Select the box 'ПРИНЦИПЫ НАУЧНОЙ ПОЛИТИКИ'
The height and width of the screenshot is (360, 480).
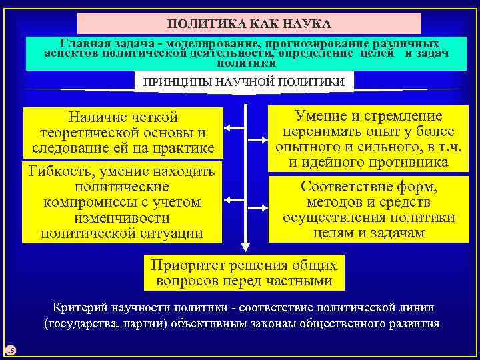244,82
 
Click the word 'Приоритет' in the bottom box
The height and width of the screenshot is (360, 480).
188,265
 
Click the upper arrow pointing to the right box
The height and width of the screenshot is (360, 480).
258,140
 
